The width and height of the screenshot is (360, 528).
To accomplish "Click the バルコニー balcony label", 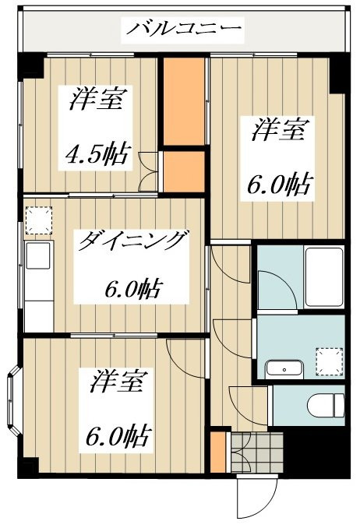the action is coord(184,29).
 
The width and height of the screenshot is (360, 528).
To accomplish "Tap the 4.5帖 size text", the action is coord(97,154).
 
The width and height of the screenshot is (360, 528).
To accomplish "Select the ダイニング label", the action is coord(132,241).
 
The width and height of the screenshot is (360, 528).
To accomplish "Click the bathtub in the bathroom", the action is coord(324,276).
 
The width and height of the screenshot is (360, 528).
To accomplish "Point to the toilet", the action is coord(326,404).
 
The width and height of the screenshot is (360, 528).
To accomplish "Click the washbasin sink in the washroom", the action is coord(284,369).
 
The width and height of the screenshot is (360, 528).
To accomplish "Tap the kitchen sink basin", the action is coord(37,255).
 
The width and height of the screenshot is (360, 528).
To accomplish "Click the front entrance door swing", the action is coord(256,498).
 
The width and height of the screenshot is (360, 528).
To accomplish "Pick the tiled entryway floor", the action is coord(257,452).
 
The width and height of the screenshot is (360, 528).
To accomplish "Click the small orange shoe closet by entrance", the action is coord(217,452).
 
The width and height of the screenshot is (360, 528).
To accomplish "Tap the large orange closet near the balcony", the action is coord(184,101).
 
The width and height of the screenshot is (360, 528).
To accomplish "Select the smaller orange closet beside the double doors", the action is coord(184,172).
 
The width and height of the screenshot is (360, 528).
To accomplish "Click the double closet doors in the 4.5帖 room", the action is coord(147,172).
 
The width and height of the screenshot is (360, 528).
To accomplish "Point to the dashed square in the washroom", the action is coord(330,362).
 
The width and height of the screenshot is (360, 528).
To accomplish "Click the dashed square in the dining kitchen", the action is coord(39,220).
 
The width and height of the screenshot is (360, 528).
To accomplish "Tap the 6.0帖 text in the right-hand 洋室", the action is coord(278,185).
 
